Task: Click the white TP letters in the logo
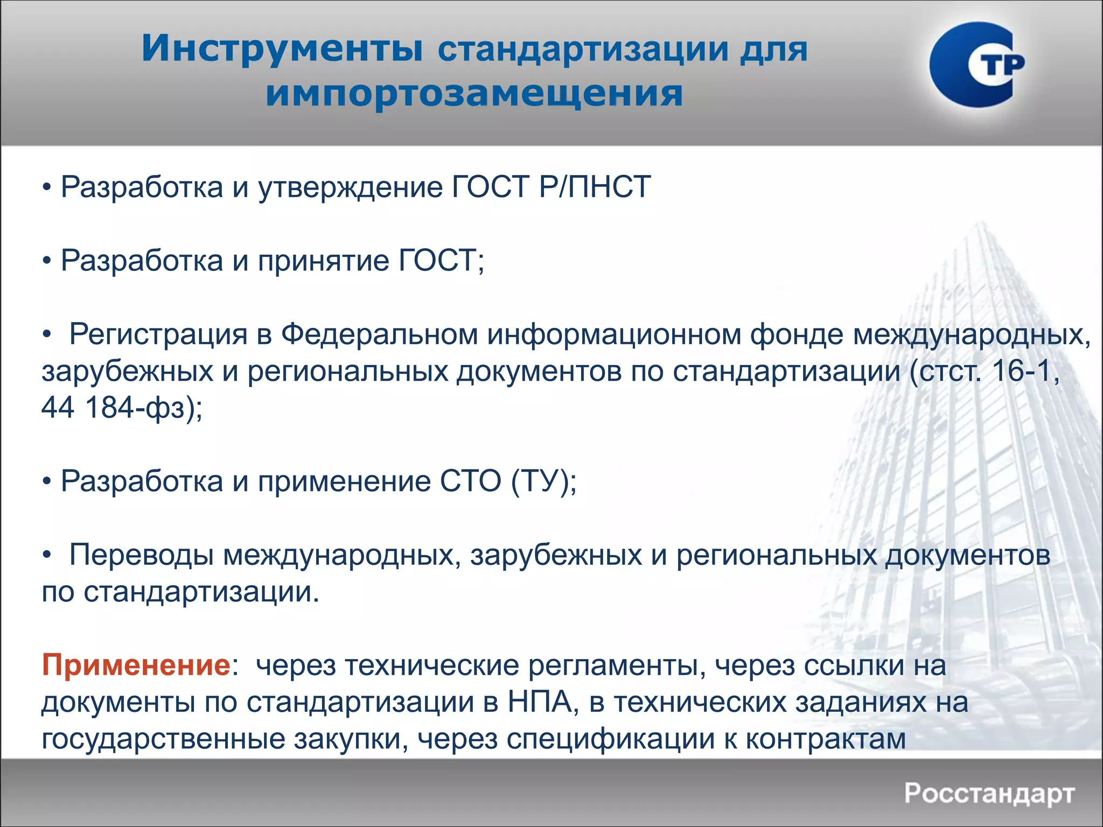click(996, 65)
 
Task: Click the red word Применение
click(136, 665)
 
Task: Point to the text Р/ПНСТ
click(595, 187)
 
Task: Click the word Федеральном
click(379, 334)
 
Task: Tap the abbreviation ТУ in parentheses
click(541, 481)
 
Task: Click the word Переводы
click(142, 555)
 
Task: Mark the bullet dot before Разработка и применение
click(47, 482)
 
